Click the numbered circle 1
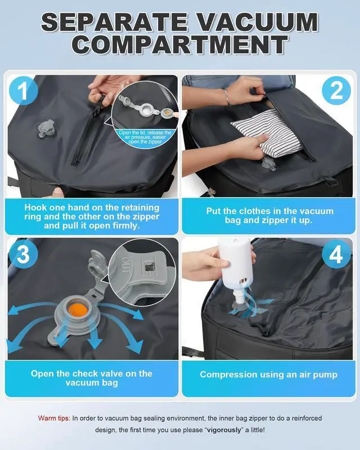(x=23, y=91)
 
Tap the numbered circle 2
(x=336, y=91)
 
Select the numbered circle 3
(x=23, y=254)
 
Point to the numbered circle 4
(x=336, y=254)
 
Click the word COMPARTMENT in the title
(x=179, y=45)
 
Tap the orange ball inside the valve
(x=78, y=310)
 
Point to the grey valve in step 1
(x=46, y=129)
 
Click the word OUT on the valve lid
(x=126, y=265)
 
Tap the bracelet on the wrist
(x=227, y=97)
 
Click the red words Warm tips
(x=54, y=418)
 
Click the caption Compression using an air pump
(x=268, y=375)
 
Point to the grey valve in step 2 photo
(x=268, y=164)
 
